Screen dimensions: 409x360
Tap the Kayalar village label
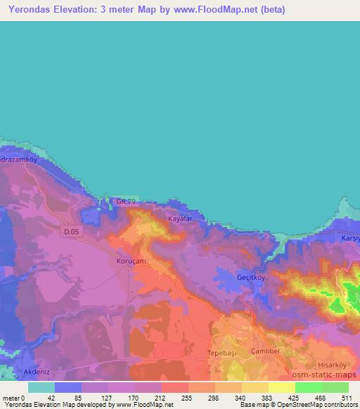180,219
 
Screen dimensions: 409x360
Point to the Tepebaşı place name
225,351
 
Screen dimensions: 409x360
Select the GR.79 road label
126,202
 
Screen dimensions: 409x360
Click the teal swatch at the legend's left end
41,387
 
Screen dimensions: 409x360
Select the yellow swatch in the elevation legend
282,387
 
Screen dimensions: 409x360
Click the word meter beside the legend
11,397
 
